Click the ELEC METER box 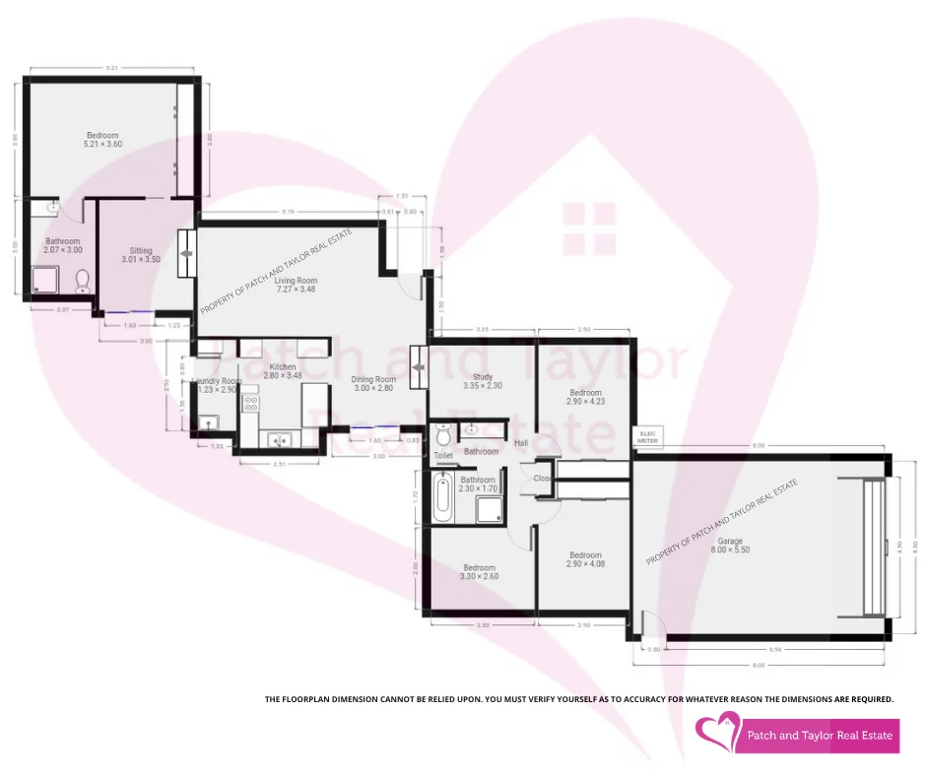(x=647, y=437)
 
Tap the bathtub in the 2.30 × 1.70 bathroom (x=442, y=497)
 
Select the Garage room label (x=730, y=546)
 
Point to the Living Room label (x=296, y=286)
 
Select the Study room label (x=482, y=381)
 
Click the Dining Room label (x=374, y=384)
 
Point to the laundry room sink (x=207, y=423)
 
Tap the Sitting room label (x=141, y=255)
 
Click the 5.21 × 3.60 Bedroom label (x=102, y=140)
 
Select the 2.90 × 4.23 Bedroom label (x=584, y=397)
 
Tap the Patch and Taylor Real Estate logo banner (x=796, y=735)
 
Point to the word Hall (x=521, y=444)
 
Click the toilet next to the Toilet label (x=443, y=434)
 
